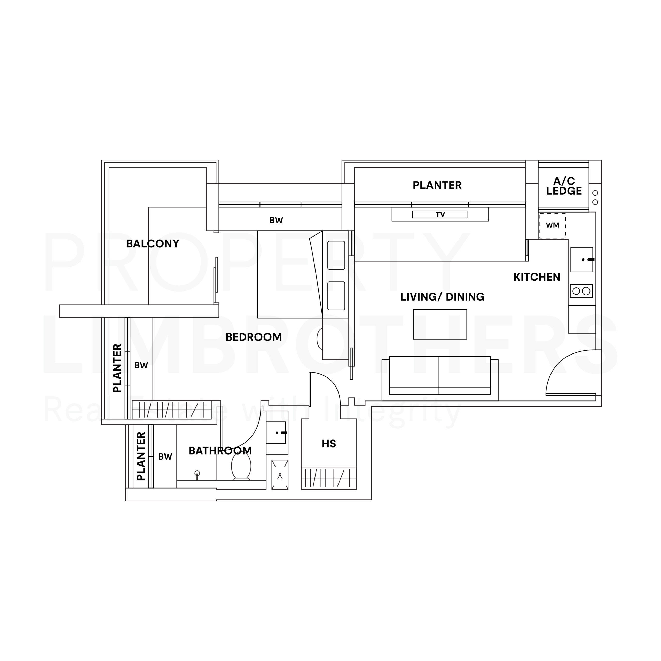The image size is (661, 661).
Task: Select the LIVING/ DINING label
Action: click(x=442, y=297)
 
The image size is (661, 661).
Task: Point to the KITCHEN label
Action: click(x=537, y=277)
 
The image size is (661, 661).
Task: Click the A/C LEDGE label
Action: click(x=564, y=186)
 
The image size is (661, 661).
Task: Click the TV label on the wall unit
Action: click(x=440, y=215)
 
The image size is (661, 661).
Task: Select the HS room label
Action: click(x=329, y=444)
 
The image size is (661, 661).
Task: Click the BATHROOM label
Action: click(x=220, y=451)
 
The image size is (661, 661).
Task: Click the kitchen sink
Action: click(x=582, y=260)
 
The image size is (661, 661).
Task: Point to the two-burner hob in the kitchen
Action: click(x=581, y=291)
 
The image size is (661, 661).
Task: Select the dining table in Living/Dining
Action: click(x=440, y=324)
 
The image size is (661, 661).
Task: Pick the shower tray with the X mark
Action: click(x=280, y=475)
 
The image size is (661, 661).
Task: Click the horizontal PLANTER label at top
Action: click(x=437, y=185)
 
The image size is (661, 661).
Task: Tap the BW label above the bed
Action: click(x=276, y=220)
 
